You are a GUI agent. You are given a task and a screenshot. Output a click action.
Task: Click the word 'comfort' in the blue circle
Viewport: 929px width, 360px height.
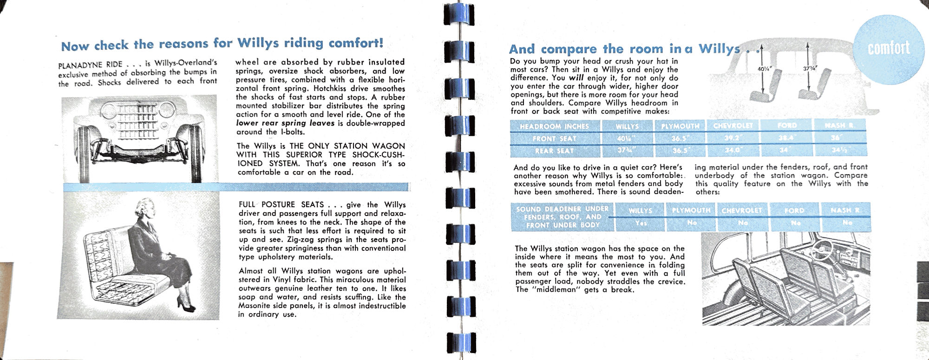(x=888, y=48)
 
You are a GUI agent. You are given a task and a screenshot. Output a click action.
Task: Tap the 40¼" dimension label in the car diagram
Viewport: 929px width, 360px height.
(x=764, y=69)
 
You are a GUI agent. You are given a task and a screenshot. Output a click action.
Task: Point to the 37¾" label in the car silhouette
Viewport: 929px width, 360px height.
(x=810, y=68)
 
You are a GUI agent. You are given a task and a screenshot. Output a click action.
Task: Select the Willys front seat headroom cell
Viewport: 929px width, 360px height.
(x=627, y=138)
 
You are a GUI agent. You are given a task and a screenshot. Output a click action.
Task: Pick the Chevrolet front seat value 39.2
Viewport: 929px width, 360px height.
(x=731, y=138)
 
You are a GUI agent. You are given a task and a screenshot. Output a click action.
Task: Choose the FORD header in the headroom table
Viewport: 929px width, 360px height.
(x=787, y=126)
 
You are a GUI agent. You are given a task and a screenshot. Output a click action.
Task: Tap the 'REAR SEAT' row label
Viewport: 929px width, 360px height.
(x=555, y=151)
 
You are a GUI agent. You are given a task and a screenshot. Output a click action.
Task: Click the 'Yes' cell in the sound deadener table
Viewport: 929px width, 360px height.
(x=641, y=223)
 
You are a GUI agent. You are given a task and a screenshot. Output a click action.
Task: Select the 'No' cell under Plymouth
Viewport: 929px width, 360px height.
(x=692, y=223)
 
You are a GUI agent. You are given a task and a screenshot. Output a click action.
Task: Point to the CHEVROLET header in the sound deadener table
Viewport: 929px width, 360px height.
(x=742, y=210)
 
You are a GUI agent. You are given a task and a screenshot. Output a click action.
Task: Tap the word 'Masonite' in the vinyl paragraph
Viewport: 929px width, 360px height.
(x=255, y=306)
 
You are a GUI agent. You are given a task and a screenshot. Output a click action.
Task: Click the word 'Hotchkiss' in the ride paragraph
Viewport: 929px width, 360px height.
(x=332, y=89)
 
